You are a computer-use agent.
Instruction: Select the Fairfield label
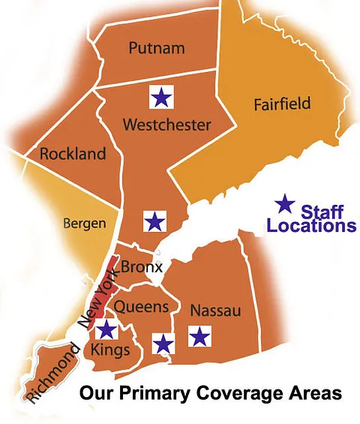281,103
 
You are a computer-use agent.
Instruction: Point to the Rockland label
73,154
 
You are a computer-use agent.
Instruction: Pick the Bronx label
142,267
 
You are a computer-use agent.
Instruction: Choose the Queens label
141,307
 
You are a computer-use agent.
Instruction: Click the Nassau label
214,310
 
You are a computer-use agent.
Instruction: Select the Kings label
110,350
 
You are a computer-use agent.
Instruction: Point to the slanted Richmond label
52,374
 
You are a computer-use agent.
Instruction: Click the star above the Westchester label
159,96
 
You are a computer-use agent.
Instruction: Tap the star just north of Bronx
154,221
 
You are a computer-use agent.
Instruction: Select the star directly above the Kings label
107,329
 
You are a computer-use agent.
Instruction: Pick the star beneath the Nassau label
199,337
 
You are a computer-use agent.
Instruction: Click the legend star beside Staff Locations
284,203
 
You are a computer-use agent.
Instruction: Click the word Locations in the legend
311,225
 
